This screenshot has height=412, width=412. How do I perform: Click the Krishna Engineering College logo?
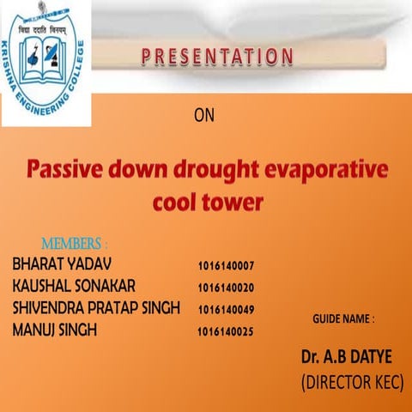point(45,62)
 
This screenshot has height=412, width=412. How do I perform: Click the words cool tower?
point(206,203)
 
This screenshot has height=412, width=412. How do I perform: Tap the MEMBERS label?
point(75,244)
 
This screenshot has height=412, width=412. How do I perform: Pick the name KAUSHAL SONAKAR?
point(75,285)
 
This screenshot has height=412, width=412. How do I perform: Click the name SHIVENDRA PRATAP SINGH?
point(96,307)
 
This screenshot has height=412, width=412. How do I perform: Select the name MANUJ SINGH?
point(55,330)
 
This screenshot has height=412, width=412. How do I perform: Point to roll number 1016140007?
point(225,265)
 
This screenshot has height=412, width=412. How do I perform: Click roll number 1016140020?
point(225,288)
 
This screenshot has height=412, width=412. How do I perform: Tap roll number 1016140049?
point(225,309)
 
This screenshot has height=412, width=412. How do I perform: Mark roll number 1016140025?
point(225,331)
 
